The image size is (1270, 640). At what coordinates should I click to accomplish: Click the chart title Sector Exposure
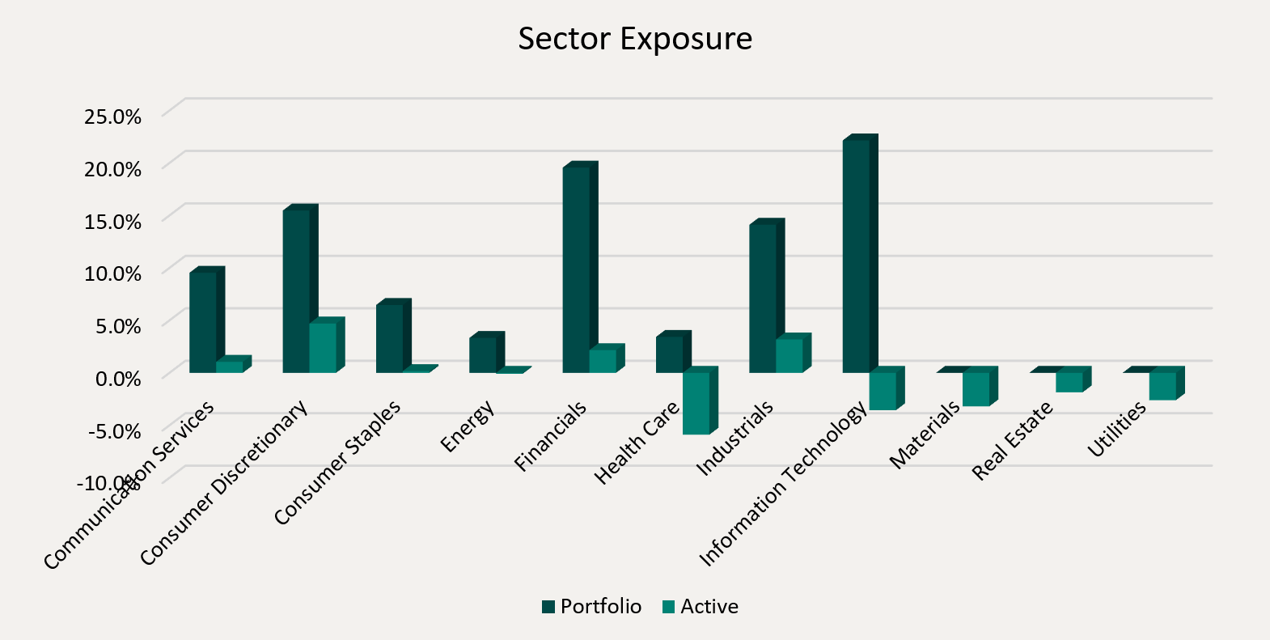pos(635,39)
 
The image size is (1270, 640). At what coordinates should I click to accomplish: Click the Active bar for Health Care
pos(696,403)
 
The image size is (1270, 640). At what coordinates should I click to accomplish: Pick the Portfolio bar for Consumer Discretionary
pos(296,290)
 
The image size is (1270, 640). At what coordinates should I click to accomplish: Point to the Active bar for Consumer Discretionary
pos(323,348)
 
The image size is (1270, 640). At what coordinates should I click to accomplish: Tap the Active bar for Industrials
pos(790,355)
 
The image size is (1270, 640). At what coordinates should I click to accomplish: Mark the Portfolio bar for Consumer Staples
pos(389,338)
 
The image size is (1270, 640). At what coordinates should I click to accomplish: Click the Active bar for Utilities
pos(1162,386)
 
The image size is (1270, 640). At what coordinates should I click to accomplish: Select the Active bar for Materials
pos(976,389)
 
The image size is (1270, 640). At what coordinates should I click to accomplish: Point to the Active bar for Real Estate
pos(1069,382)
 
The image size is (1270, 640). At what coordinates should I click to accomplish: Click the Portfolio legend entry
pos(592,607)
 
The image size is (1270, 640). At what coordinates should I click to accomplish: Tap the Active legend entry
pos(701,607)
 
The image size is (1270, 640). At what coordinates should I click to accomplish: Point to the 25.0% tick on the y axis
pos(112,117)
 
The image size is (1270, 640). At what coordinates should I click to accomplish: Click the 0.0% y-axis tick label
pos(118,379)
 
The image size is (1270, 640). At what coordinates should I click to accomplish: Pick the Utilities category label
pos(1117,429)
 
